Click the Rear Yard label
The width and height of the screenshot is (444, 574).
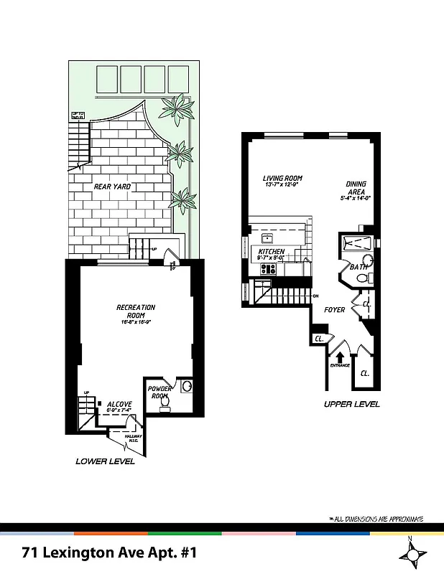tap(111, 187)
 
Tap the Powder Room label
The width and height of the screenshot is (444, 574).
tap(159, 392)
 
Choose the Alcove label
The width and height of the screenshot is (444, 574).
tap(119, 404)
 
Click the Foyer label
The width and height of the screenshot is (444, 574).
tap(335, 310)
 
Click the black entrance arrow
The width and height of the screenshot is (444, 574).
tap(340, 354)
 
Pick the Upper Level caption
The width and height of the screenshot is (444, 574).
tap(351, 405)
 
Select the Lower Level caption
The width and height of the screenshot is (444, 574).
tap(105, 461)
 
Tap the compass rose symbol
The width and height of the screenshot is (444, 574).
tap(412, 553)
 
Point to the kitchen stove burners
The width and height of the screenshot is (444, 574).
tap(269, 269)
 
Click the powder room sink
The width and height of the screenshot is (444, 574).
tap(187, 387)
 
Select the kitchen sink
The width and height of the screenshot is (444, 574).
tap(268, 238)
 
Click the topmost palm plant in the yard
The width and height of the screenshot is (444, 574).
tap(177, 109)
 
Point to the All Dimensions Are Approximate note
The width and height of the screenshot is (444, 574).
tap(375, 519)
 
